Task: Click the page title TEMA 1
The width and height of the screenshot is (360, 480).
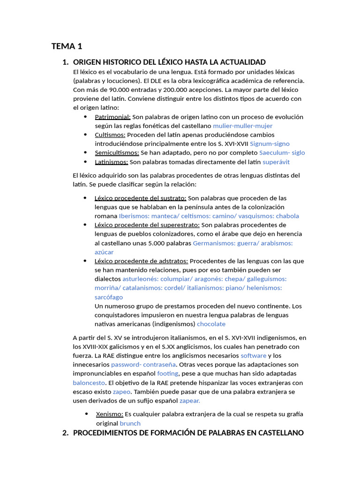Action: [x=67, y=46]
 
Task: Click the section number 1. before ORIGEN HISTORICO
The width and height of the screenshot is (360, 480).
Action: [x=65, y=62]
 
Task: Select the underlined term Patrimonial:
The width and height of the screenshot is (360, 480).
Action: [x=112, y=117]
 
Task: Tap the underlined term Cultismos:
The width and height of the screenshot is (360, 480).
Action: [x=110, y=135]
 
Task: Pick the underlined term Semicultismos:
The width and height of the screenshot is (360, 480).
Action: [x=117, y=153]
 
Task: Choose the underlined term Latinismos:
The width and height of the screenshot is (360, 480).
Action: [x=111, y=162]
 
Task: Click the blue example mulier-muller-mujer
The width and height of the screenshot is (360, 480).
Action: [x=242, y=126]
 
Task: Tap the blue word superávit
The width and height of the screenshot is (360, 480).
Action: [x=276, y=162]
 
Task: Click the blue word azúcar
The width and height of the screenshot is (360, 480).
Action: [x=104, y=252]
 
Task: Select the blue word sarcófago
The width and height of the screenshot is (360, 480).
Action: [x=109, y=297]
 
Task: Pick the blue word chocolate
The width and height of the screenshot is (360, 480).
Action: [x=211, y=324]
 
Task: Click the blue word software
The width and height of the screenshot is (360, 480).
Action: [x=253, y=356]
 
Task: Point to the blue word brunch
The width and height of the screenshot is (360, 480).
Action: [x=130, y=423]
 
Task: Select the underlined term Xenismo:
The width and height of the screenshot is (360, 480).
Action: [x=109, y=414]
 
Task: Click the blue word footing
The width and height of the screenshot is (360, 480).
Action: [x=167, y=374]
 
